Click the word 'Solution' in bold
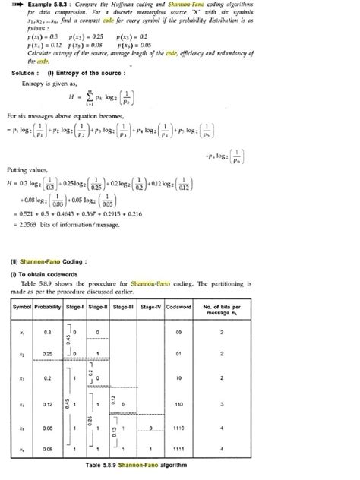(26, 72)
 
